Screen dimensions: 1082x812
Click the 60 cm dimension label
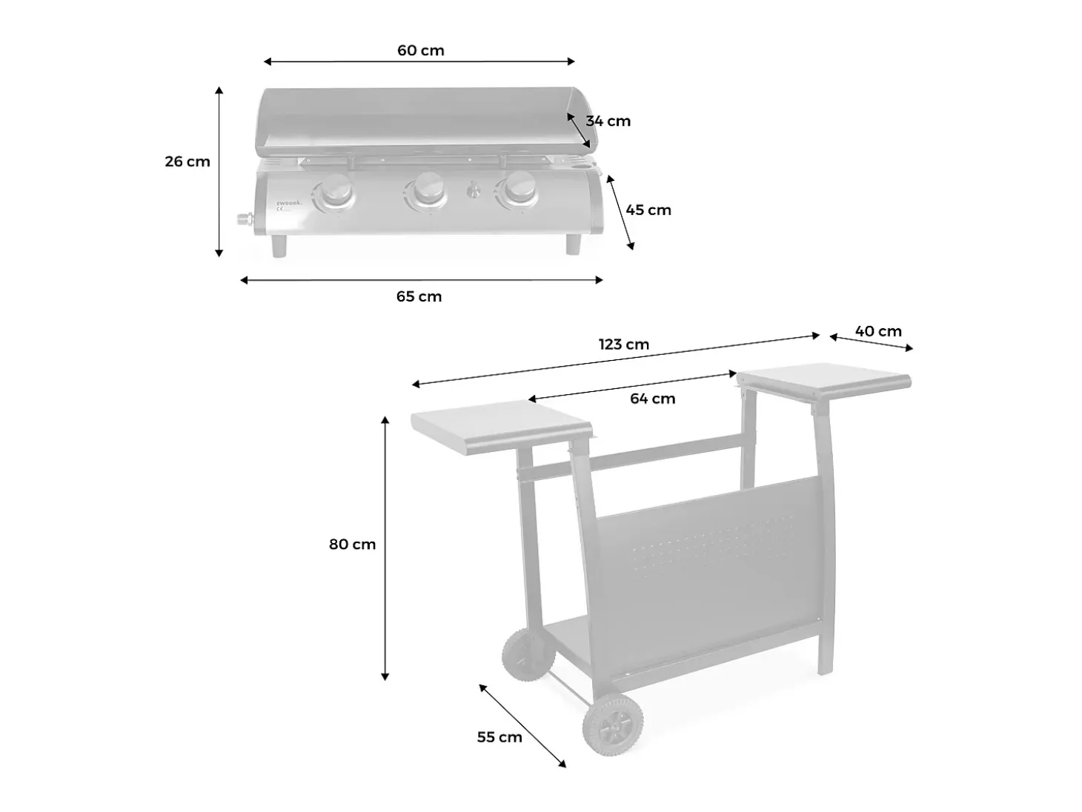pyautogui.click(x=420, y=50)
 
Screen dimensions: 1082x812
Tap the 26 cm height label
pyautogui.click(x=187, y=162)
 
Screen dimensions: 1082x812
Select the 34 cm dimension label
pyautogui.click(x=608, y=122)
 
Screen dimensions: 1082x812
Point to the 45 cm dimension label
pyautogui.click(x=648, y=210)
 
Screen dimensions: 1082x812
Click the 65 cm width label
pyautogui.click(x=419, y=296)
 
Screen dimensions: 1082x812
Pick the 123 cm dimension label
pyautogui.click(x=623, y=345)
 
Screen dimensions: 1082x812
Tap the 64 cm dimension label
pyautogui.click(x=652, y=399)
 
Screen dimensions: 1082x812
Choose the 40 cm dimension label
pyautogui.click(x=878, y=331)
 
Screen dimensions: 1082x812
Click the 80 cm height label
pyautogui.click(x=352, y=545)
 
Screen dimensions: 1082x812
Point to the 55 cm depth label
pyautogui.click(x=499, y=737)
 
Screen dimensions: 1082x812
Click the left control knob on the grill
pyautogui.click(x=336, y=191)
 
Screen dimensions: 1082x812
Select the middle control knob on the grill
pyautogui.click(x=427, y=190)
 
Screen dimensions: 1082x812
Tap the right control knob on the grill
pyautogui.click(x=519, y=189)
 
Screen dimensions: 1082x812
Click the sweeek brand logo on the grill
pyautogui.click(x=289, y=203)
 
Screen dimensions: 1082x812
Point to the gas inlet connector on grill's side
pyautogui.click(x=245, y=219)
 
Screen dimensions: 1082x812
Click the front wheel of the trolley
pyautogui.click(x=613, y=725)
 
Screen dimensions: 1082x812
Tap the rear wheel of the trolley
pyautogui.click(x=528, y=656)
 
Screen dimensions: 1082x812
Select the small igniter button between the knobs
pyautogui.click(x=474, y=190)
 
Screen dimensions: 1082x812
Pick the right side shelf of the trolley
pyautogui.click(x=824, y=381)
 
